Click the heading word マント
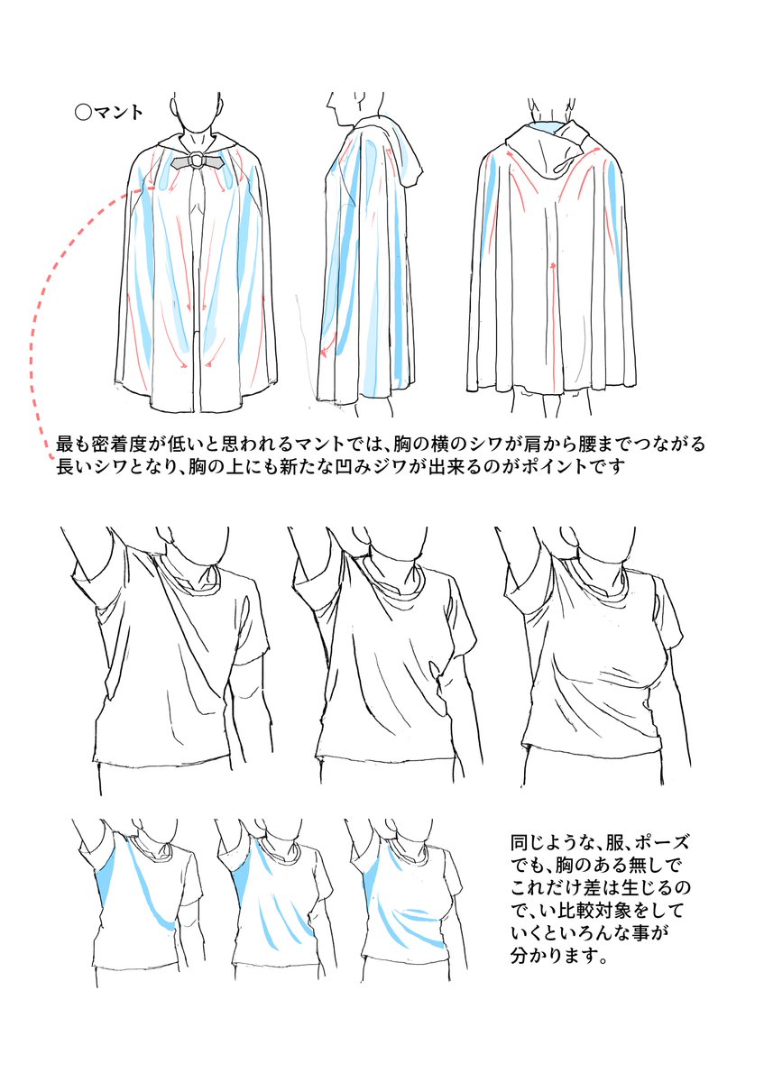coord(121,114)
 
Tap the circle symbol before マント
coord(83,114)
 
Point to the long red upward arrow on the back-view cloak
coord(551,316)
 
